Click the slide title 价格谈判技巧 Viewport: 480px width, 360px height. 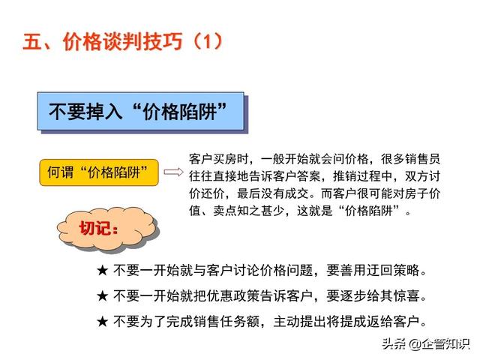coord(123,42)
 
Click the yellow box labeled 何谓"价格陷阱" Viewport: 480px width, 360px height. coord(99,172)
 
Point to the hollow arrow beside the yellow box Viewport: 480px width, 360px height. coord(173,172)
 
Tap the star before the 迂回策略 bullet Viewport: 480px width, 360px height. coord(102,270)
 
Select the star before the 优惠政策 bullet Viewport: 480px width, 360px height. coord(102,296)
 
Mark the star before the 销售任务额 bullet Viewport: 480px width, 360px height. coord(102,322)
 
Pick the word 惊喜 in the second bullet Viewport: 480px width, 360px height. coord(406,296)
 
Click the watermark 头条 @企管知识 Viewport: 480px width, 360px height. coord(426,343)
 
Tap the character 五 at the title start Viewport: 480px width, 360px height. coord(32,42)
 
